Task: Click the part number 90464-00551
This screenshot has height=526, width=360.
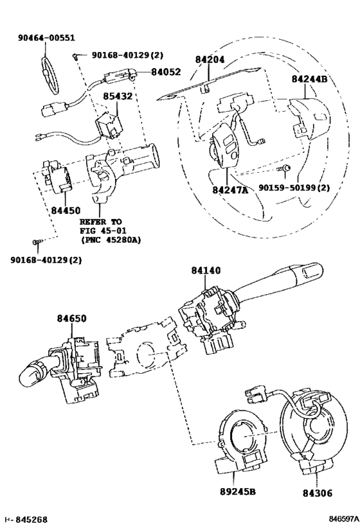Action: [46, 38]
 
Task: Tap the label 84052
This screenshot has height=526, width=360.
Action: [166, 72]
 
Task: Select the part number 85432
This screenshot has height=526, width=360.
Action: [118, 96]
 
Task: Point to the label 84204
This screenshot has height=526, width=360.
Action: [210, 59]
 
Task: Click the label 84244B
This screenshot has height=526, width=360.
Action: [309, 79]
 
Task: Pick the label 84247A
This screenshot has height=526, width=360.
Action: [230, 190]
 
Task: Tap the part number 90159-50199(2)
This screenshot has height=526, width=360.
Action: [294, 188]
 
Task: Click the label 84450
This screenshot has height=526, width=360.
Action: [66, 211]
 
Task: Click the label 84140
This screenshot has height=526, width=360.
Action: [206, 270]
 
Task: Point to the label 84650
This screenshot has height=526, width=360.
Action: [71, 319]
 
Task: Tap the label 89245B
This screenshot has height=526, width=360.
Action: [238, 492]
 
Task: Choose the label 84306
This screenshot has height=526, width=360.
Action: [318, 493]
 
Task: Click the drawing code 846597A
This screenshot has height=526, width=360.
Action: [343, 519]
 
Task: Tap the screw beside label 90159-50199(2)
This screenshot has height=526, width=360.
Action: [285, 168]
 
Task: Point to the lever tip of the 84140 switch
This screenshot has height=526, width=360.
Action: [310, 271]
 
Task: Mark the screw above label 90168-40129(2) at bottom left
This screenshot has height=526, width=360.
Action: [38, 241]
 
